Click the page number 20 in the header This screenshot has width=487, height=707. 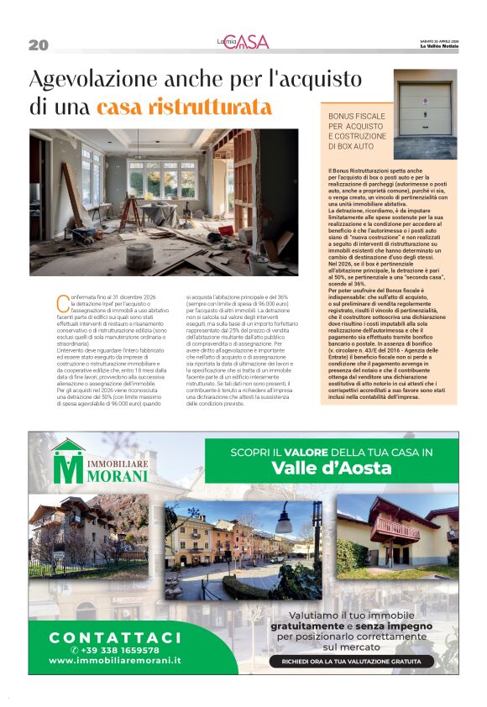pyautogui.click(x=39, y=45)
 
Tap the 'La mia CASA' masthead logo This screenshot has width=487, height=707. pyautogui.click(x=242, y=42)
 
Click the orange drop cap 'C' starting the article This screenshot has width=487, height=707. pyautogui.click(x=60, y=300)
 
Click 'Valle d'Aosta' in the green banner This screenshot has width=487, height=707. pyautogui.click(x=332, y=469)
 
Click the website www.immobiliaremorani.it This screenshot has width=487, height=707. pyautogui.click(x=115, y=661)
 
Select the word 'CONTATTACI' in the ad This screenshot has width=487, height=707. pyautogui.click(x=115, y=636)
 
